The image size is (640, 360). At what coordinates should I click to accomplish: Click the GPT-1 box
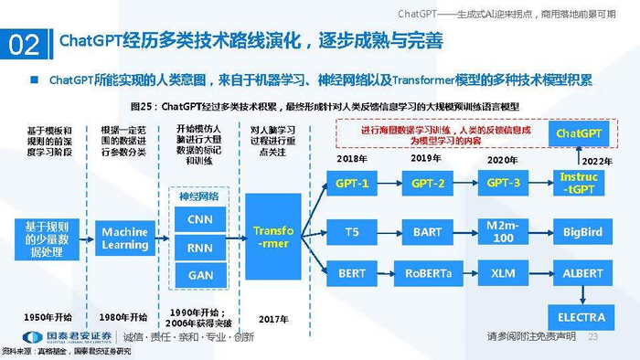coord(352,184)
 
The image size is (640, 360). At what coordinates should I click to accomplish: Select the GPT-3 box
coord(504,184)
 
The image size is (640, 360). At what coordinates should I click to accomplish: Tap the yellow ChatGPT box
coord(579,134)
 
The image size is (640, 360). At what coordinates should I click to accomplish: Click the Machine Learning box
coord(124,238)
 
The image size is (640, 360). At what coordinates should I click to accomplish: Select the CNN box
coord(199,219)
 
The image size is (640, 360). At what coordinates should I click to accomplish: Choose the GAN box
coord(199,273)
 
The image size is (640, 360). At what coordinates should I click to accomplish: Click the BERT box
coord(352,273)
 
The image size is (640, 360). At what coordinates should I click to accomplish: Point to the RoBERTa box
coord(427,273)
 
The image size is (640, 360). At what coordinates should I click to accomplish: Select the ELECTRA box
coord(579,316)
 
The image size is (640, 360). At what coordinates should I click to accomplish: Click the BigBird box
coord(579,232)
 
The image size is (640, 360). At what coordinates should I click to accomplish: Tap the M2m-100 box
coord(504,232)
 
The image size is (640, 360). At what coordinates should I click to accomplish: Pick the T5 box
coord(352,232)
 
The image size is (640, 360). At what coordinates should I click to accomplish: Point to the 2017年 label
coord(272,318)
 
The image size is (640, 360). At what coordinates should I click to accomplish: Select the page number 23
coord(592,337)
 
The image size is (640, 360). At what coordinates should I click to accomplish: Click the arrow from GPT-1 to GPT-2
coord(389,184)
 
